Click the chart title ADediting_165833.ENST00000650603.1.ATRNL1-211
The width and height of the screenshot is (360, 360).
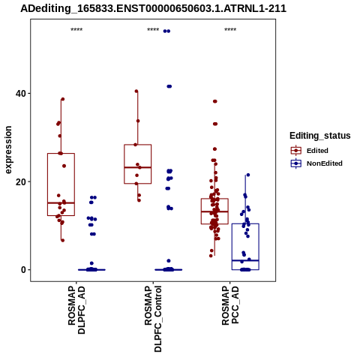click(153, 8)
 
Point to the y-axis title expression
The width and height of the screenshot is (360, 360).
click(8, 150)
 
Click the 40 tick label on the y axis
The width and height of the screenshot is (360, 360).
click(21, 94)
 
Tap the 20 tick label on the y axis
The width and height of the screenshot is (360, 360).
click(21, 181)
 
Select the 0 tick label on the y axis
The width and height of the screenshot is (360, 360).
click(23, 270)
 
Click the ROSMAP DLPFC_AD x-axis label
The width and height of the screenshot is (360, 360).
click(76, 310)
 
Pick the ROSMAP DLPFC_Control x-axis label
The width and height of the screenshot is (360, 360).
click(153, 319)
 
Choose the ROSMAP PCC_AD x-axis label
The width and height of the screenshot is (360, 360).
click(230, 305)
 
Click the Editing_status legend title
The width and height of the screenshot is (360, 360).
click(320, 136)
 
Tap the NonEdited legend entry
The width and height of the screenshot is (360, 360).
click(316, 163)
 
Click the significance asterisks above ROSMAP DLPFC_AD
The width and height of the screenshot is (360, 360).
click(76, 29)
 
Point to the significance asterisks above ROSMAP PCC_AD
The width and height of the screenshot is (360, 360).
click(230, 29)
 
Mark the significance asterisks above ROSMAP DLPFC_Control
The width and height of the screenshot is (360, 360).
click(153, 29)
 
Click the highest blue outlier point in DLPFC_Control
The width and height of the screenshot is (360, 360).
click(166, 31)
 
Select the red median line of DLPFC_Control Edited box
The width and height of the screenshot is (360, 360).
click(138, 167)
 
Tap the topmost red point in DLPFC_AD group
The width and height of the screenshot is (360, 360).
click(63, 99)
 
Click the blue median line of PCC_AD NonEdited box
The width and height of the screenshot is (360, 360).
click(245, 260)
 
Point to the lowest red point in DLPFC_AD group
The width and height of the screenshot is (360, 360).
click(63, 240)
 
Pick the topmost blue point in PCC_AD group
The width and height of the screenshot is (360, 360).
click(248, 175)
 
